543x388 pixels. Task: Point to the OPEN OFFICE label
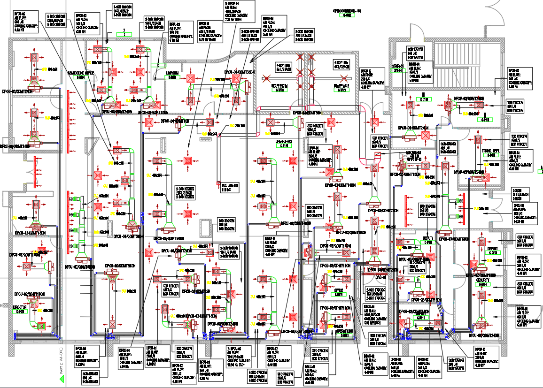click(x=284, y=141)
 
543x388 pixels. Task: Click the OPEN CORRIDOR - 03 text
click(x=347, y=10)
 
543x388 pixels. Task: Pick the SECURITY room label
click(x=483, y=280)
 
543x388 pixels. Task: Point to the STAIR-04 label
click(x=398, y=67)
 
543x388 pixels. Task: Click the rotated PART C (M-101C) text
click(x=61, y=359)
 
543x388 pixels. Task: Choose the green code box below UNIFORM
click(x=172, y=77)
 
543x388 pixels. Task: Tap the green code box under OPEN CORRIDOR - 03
click(x=347, y=15)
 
